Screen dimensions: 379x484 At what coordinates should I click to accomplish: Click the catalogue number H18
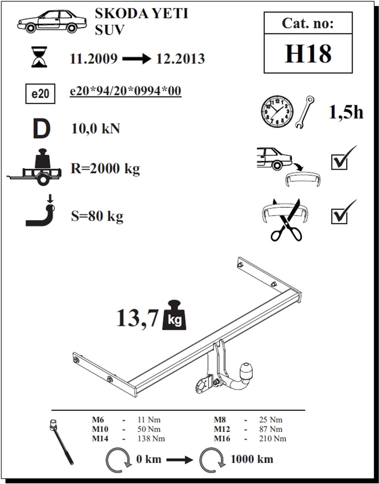[308, 54]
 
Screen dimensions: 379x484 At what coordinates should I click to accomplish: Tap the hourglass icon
[39, 57]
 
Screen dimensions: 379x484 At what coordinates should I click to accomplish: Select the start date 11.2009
[94, 59]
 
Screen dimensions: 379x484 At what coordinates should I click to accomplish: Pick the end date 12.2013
[180, 59]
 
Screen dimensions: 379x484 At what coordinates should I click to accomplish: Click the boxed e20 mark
[40, 94]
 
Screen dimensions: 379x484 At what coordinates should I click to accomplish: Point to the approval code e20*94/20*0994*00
[125, 91]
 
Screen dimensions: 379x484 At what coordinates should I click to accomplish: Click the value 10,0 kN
[96, 128]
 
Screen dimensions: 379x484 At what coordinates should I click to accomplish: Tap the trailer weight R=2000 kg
[105, 169]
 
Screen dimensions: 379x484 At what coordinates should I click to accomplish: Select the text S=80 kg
[97, 216]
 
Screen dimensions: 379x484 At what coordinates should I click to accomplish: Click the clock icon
[277, 111]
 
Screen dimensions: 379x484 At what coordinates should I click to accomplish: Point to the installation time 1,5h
[346, 113]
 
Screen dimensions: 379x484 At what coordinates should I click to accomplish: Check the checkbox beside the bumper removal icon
[339, 162]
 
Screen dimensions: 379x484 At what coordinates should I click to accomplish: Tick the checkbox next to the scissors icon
[339, 216]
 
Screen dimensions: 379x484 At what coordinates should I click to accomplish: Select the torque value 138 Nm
[151, 439]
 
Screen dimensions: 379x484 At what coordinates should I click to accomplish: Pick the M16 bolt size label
[222, 439]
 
